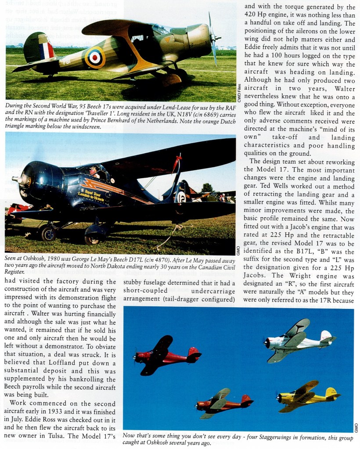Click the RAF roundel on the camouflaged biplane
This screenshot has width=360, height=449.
pyautogui.click(x=95, y=57)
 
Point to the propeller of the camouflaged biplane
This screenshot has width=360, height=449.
pyautogui.click(x=212, y=38)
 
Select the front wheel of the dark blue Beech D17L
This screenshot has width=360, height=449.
pyautogui.click(x=48, y=233)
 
